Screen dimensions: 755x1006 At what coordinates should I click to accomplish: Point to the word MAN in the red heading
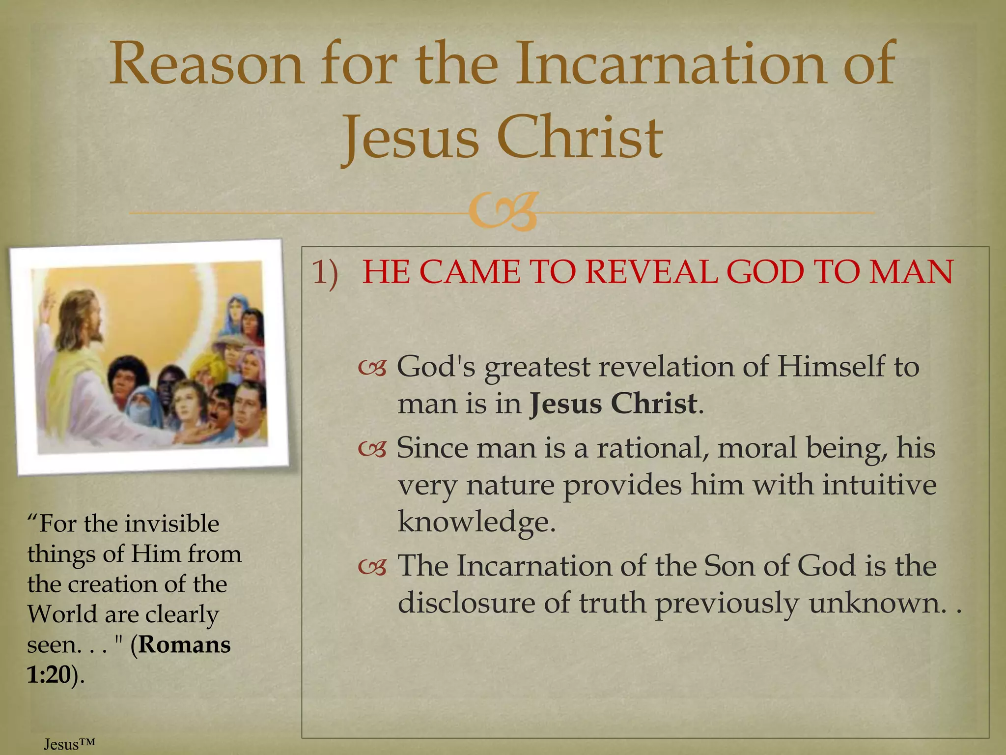coord(911,272)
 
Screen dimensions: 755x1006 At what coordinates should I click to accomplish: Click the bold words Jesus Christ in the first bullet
coord(613,404)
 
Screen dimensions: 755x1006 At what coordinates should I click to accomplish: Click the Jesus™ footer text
coord(69,744)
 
